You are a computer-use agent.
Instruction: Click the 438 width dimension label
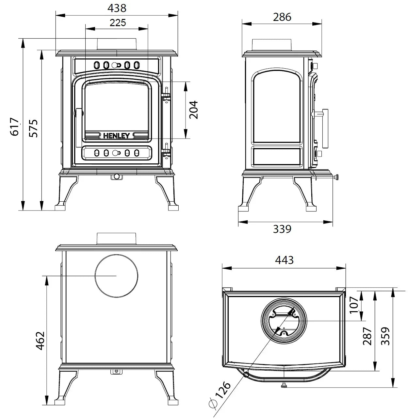click(x=117, y=8)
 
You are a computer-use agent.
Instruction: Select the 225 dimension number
click(x=117, y=23)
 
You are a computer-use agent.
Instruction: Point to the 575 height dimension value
click(x=34, y=128)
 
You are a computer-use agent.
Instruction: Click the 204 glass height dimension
click(x=193, y=110)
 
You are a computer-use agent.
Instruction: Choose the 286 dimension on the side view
click(x=282, y=17)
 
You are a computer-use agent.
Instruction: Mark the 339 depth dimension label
click(x=282, y=229)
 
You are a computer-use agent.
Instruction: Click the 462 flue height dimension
click(x=40, y=341)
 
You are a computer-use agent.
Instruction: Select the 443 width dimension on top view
click(x=284, y=260)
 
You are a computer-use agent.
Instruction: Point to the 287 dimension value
click(x=367, y=336)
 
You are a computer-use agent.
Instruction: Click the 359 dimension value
click(x=386, y=336)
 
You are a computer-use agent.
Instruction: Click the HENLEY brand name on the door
click(x=117, y=136)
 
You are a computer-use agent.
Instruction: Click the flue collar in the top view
click(x=283, y=321)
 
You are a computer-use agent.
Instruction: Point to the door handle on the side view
click(x=324, y=128)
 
